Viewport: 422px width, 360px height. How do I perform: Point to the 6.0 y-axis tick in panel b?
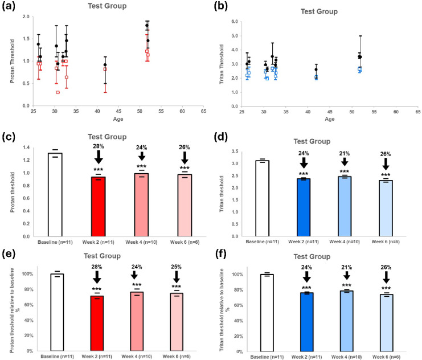235,21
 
